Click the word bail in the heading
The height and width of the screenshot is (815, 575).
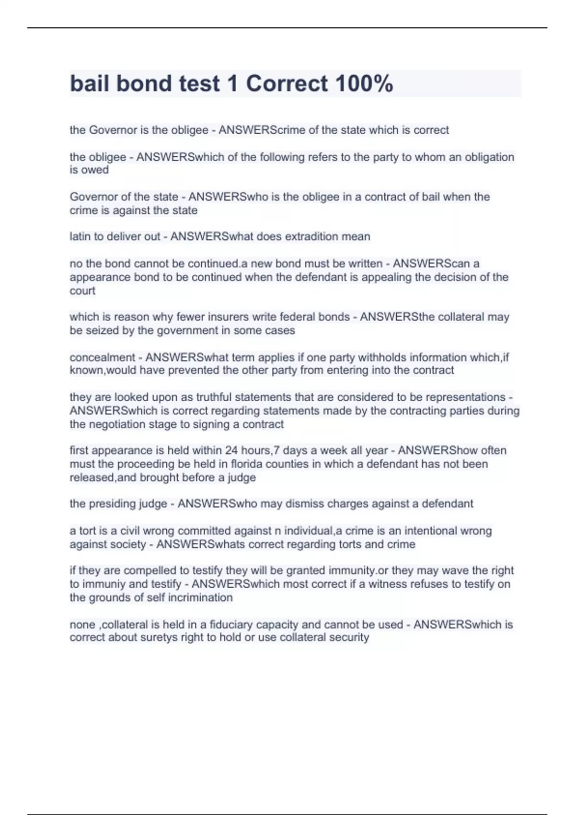[x=90, y=83]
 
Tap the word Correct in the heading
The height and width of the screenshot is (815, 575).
[x=287, y=83]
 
